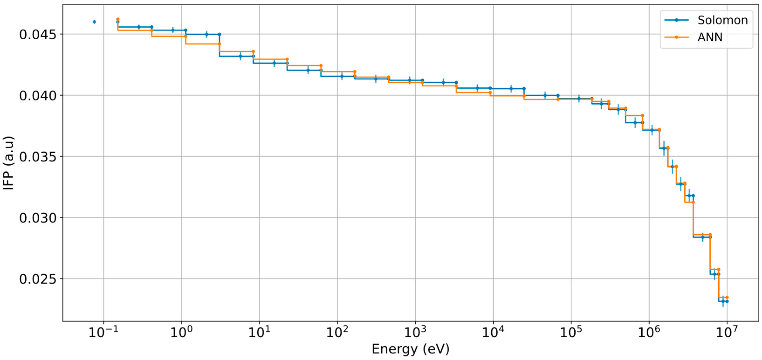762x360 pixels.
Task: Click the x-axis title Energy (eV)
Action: (x=410, y=349)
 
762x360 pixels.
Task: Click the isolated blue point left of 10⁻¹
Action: (x=94, y=22)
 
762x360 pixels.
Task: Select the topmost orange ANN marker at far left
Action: (x=118, y=19)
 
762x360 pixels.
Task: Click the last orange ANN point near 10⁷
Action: (x=727, y=297)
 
